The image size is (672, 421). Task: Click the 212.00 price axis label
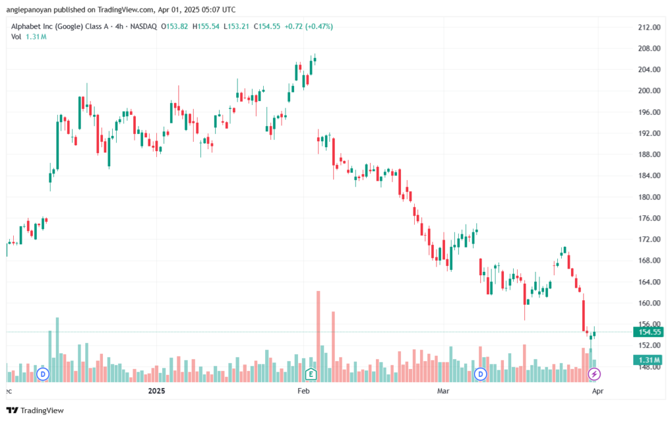pos(649,28)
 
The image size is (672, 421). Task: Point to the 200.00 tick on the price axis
pos(649,91)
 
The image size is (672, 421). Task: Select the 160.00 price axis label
pos(649,303)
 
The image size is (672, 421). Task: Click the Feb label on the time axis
pos(303,391)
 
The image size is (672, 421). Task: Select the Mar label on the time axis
pos(443,391)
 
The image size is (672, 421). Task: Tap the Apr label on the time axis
pos(597,391)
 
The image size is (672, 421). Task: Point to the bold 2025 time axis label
pos(156,391)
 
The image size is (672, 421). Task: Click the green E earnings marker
pos(310,374)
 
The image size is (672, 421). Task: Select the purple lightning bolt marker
pos(594,374)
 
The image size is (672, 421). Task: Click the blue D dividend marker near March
pos(480,374)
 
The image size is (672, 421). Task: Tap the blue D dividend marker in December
pos(43,374)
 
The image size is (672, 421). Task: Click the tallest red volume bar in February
pos(318,336)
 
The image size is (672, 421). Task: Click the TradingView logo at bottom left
pos(35,410)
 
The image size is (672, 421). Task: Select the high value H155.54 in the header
pos(205,26)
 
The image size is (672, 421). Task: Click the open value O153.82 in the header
pos(175,26)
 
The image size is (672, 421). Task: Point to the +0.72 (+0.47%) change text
pos(308,26)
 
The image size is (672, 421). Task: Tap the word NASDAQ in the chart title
pos(144,26)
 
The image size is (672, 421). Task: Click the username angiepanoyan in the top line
pos(29,9)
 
